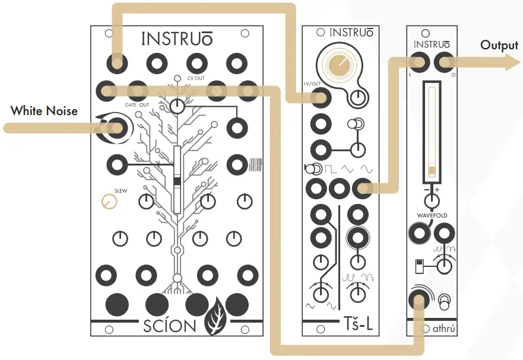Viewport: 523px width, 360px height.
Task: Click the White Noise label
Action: (44, 110)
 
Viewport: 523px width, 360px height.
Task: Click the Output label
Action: (500, 45)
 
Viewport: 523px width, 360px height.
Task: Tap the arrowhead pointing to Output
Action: (512, 62)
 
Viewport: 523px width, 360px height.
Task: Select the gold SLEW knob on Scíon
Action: (108, 202)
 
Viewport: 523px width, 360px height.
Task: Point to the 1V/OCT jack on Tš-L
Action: (321, 98)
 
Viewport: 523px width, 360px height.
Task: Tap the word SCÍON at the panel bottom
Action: (169, 326)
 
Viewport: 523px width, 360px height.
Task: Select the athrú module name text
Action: (441, 328)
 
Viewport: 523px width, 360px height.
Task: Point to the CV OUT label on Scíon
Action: (195, 78)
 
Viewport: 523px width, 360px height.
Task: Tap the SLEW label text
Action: (121, 191)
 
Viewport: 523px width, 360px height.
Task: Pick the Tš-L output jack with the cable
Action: (360, 189)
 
